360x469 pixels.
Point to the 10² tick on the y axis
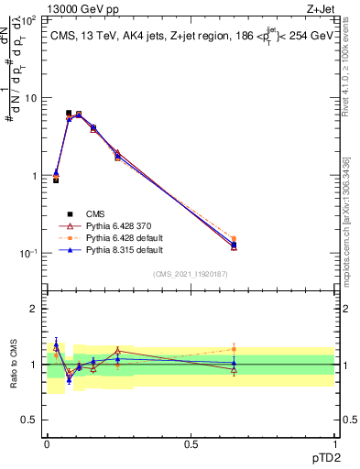(30, 19)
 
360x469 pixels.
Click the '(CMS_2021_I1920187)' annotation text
(191, 273)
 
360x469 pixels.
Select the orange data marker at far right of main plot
(234, 238)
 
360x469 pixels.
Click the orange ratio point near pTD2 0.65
(234, 348)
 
